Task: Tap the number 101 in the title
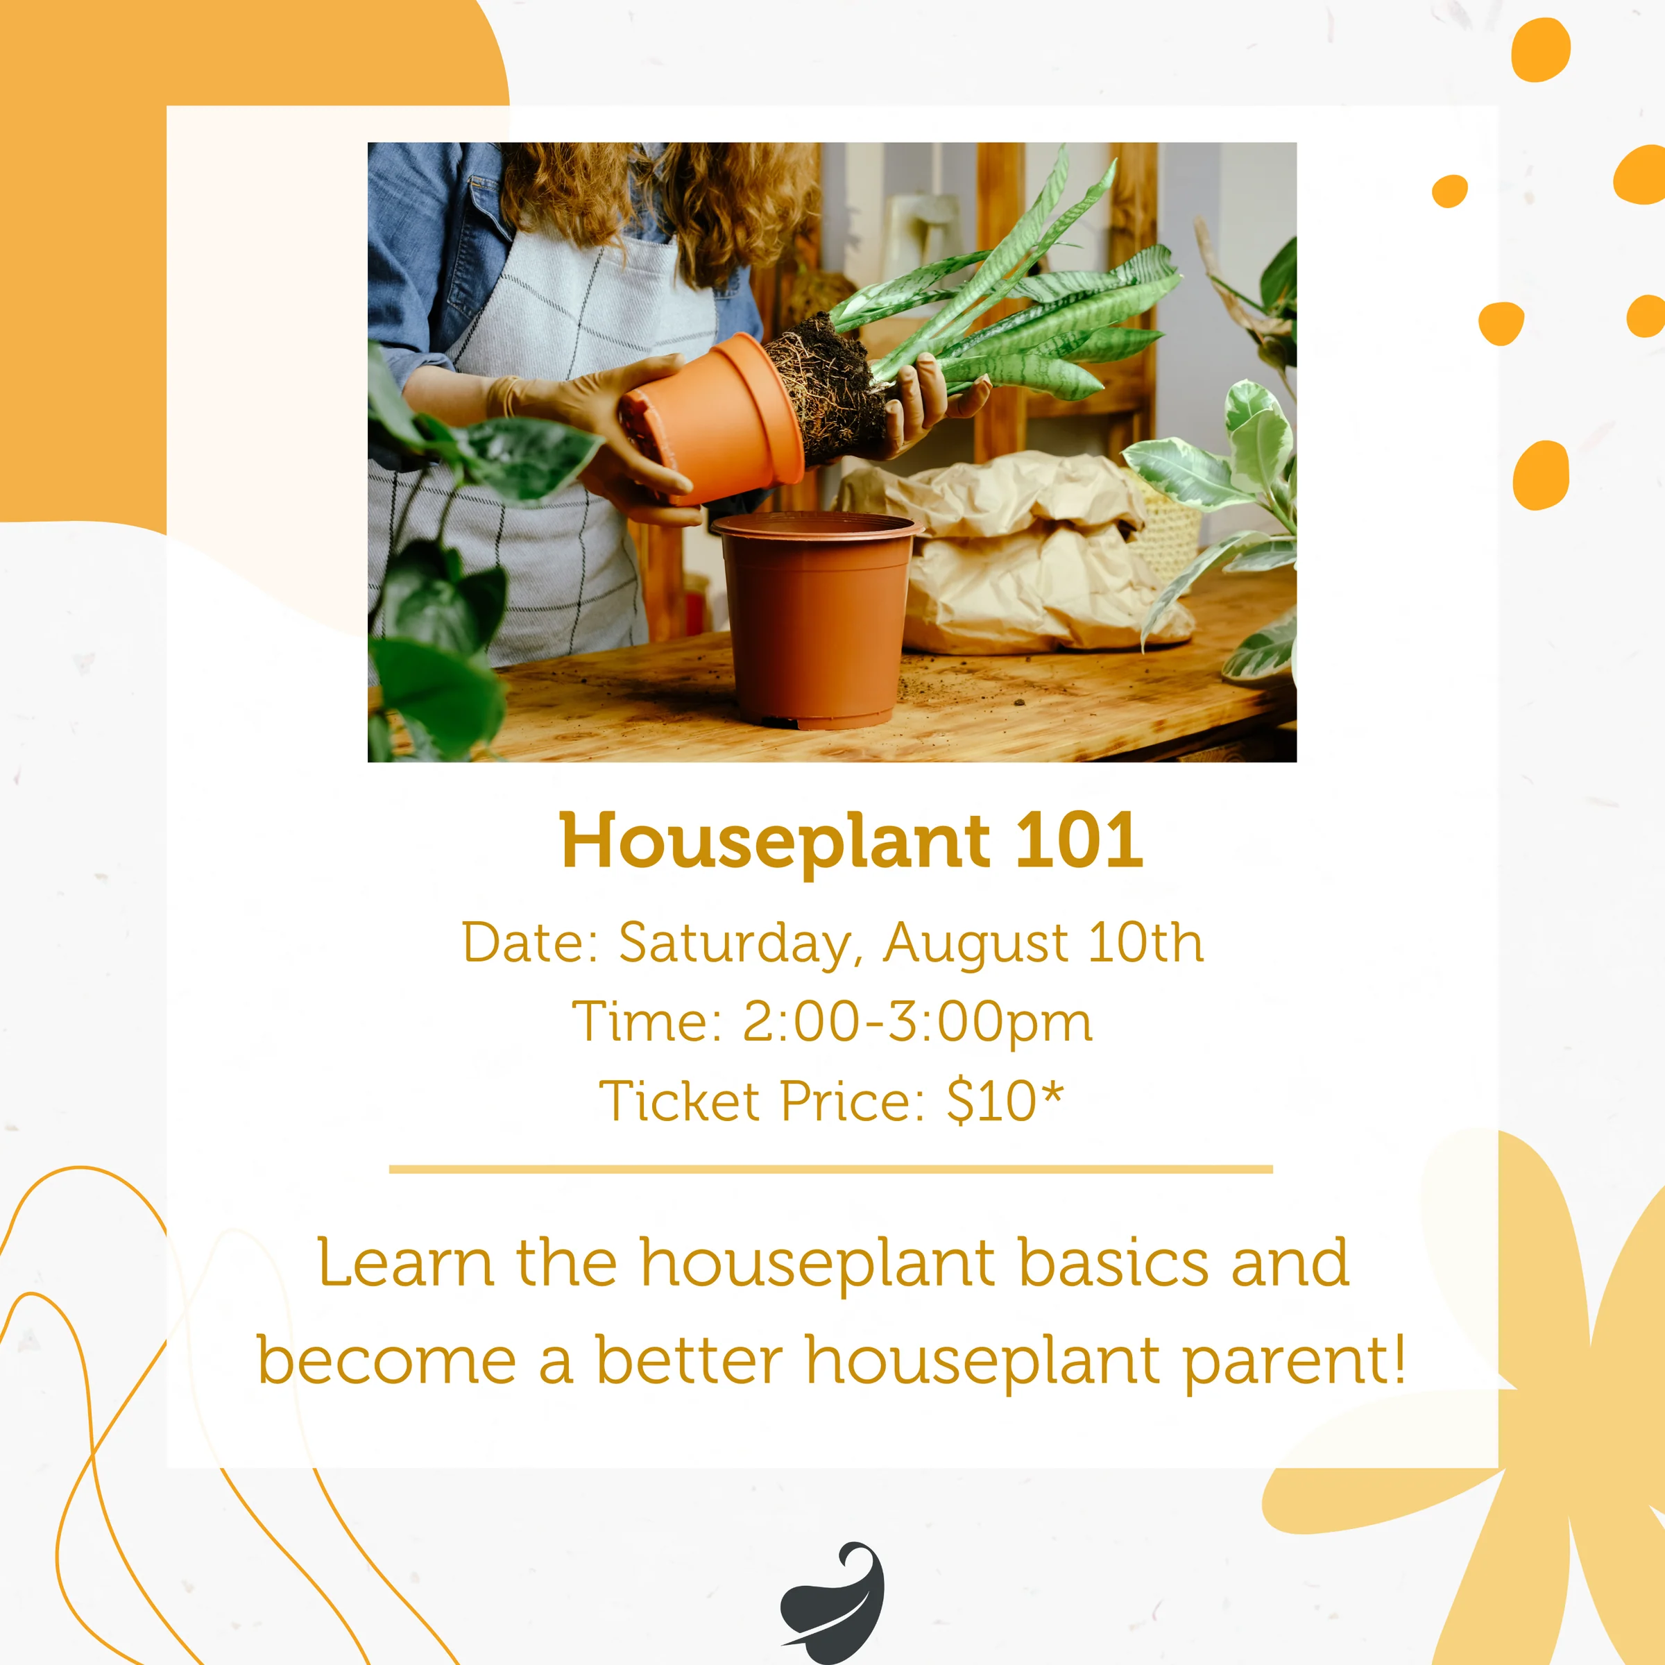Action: click(x=1079, y=839)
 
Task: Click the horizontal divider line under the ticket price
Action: click(x=831, y=1170)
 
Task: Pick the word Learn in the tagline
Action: click(x=406, y=1263)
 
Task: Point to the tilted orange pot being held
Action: click(x=712, y=419)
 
